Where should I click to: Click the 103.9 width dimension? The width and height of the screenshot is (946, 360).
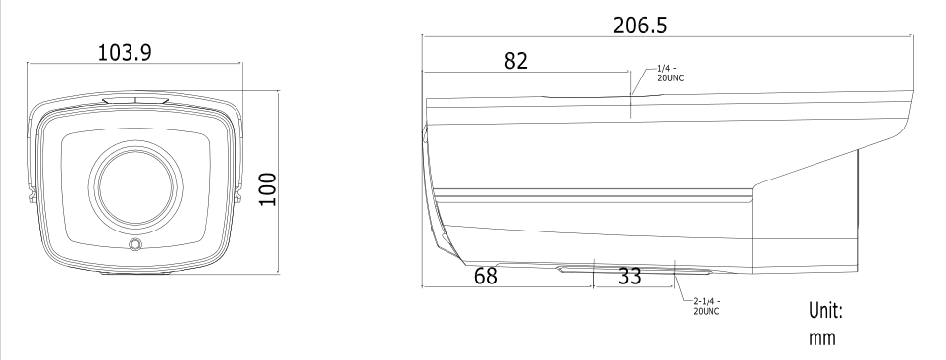tap(125, 52)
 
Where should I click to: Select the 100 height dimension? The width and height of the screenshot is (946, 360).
tap(267, 188)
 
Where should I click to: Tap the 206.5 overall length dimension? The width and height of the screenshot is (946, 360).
tap(640, 26)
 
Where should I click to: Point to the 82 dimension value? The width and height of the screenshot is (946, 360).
tap(516, 60)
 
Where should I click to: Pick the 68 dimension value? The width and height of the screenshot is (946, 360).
tap(485, 276)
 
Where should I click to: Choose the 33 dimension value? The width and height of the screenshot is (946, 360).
tap(629, 277)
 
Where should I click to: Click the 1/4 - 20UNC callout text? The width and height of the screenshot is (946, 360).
tap(671, 74)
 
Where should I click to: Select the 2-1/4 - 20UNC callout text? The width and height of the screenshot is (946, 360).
tap(707, 306)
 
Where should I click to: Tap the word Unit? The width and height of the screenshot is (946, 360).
tap(825, 311)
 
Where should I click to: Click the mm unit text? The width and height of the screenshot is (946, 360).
tap(822, 337)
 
